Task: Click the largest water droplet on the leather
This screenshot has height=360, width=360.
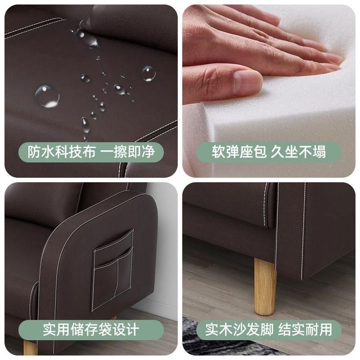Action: pyautogui.click(x=47, y=95)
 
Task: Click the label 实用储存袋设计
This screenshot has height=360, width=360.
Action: pyautogui.click(x=91, y=329)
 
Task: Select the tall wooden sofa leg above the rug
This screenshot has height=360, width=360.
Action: pyautogui.click(x=265, y=286)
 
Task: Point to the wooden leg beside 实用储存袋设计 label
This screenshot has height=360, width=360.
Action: pyautogui.click(x=31, y=347)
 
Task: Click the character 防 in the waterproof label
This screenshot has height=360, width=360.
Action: pyautogui.click(x=35, y=152)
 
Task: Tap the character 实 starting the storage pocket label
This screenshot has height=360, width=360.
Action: pyautogui.click(x=50, y=329)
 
